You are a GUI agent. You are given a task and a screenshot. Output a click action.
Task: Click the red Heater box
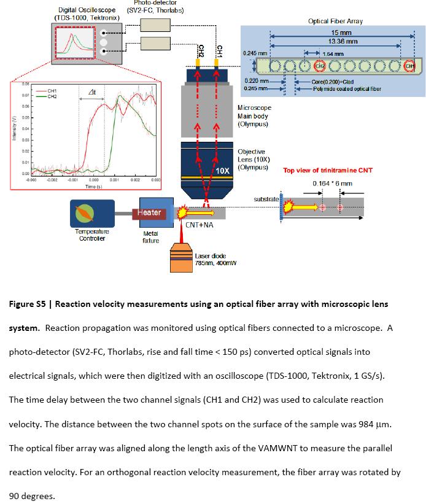tap(149, 213)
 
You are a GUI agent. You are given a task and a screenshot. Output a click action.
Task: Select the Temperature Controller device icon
tap(91, 212)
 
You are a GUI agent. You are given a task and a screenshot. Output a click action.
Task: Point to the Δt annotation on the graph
tap(91, 91)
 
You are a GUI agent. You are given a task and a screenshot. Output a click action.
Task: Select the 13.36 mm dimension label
tap(338, 41)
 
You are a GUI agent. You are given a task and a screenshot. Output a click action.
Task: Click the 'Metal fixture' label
tap(150, 237)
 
